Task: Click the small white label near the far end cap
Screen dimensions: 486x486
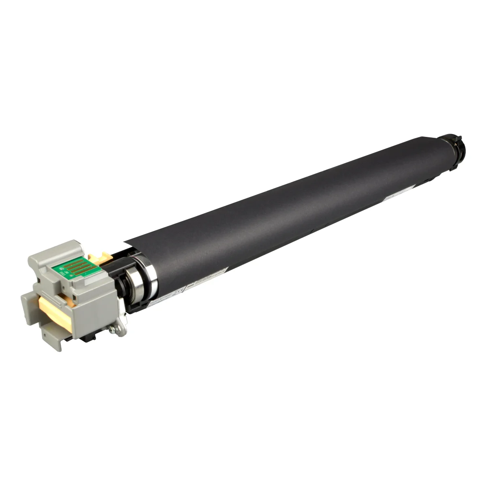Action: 393,195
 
